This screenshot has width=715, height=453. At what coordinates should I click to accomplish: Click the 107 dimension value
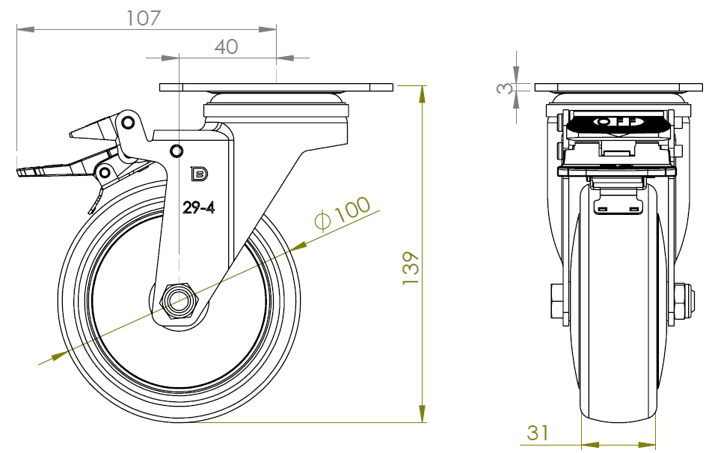coord(144,18)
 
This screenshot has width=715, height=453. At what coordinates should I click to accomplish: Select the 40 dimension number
coord(226,46)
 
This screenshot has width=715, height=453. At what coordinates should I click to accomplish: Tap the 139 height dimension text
coord(411,268)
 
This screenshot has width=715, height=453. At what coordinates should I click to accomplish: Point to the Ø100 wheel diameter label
coord(343,213)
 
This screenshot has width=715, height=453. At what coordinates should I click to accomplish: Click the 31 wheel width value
coord(538,433)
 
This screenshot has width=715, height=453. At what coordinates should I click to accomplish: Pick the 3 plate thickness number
coord(504,88)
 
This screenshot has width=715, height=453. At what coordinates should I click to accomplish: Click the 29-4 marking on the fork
coord(198,207)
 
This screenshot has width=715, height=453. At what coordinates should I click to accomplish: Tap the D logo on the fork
coord(199,174)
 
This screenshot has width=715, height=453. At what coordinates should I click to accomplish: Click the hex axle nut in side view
coord(177,301)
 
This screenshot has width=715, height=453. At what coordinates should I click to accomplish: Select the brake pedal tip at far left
coord(22,173)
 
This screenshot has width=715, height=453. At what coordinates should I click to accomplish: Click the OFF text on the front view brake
coord(618,122)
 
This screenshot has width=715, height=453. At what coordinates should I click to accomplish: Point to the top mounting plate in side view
coord(276,87)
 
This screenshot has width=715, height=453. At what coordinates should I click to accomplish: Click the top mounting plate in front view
coord(619,87)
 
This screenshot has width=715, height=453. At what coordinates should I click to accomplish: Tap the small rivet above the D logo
coord(177,151)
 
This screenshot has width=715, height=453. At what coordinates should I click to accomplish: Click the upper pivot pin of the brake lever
coord(128,122)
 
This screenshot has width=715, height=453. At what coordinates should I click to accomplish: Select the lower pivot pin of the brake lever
coord(105,173)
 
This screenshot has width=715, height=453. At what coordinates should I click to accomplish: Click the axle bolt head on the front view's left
coord(556,301)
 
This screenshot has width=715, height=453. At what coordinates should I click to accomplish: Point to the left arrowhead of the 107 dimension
coord(25,29)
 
